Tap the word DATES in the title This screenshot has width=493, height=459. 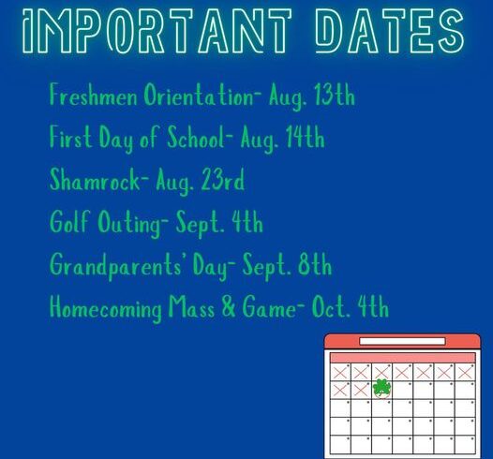coord(390,31)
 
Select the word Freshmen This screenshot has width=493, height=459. coord(94,95)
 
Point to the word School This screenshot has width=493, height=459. coord(196,137)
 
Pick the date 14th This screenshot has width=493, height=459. coord(305,137)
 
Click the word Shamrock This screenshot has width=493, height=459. coord(95,179)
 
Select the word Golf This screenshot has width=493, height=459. coord(69,221)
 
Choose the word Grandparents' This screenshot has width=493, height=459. coord(115,265)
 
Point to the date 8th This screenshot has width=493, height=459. coord(314,264)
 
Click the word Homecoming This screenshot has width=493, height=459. coord(106,308)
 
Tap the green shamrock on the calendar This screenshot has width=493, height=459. coord(381,388)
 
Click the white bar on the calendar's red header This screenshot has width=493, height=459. coord(402,341)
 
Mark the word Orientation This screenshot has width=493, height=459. coord(199,95)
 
